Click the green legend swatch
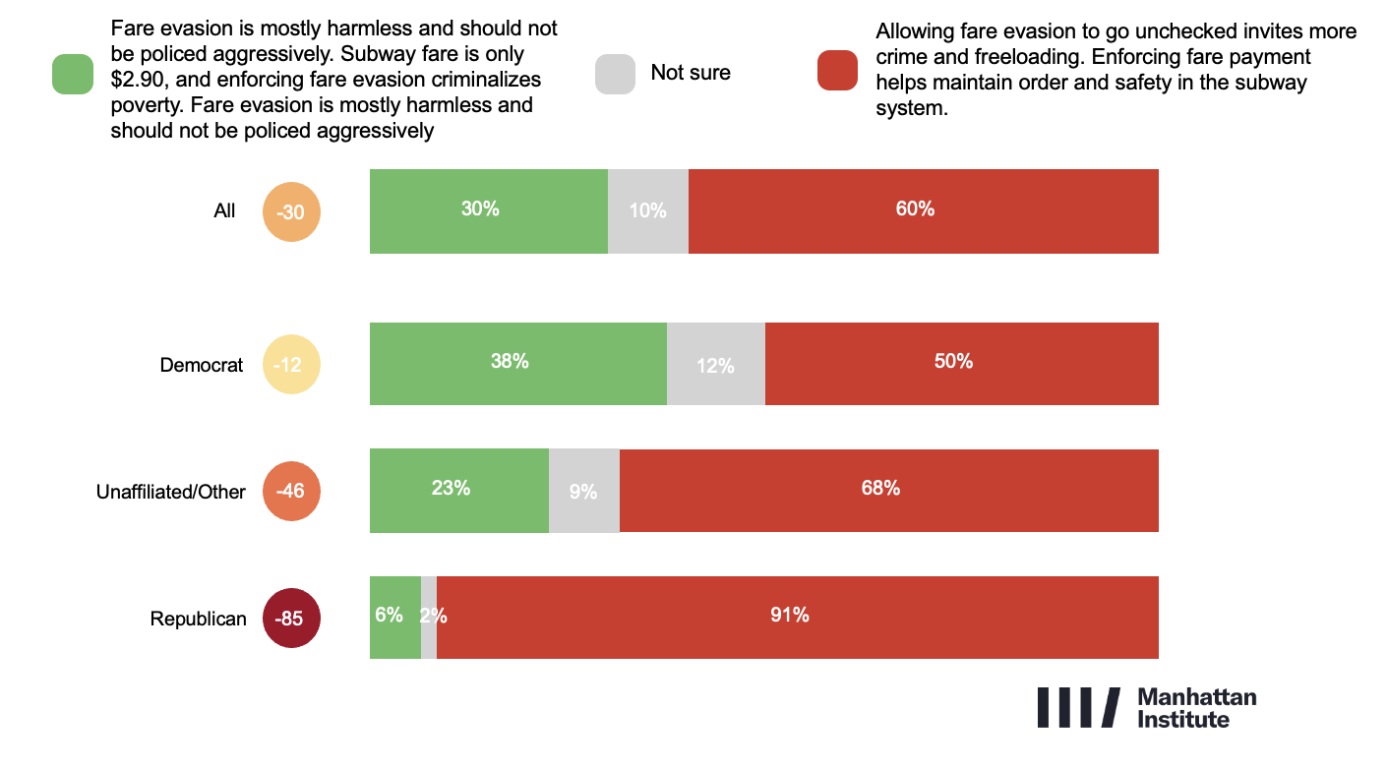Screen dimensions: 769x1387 tap(73, 75)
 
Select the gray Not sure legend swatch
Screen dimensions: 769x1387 tap(615, 74)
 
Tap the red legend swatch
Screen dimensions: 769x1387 tap(837, 72)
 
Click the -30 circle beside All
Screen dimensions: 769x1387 tap(291, 210)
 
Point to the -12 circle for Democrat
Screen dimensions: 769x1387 tap(291, 365)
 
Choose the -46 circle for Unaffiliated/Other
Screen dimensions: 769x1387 tap(291, 490)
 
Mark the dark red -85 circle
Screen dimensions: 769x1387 tap(291, 619)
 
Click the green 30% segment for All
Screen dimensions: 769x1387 tap(488, 210)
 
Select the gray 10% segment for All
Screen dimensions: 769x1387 tap(647, 210)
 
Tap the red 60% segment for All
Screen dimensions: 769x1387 tap(923, 210)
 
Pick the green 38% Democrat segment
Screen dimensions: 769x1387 tap(517, 364)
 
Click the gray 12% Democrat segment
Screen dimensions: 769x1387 tap(715, 364)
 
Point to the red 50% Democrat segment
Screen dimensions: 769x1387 tap(961, 364)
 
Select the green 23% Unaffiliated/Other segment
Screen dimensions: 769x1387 tap(458, 491)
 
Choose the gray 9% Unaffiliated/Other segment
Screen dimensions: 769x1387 tap(583, 491)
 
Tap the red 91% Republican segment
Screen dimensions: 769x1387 tap(797, 618)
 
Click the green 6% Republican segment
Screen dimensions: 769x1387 tap(394, 618)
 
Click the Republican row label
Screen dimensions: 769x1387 tap(198, 620)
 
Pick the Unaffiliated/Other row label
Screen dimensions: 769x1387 tap(170, 492)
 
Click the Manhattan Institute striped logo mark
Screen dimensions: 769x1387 tap(1078, 707)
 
